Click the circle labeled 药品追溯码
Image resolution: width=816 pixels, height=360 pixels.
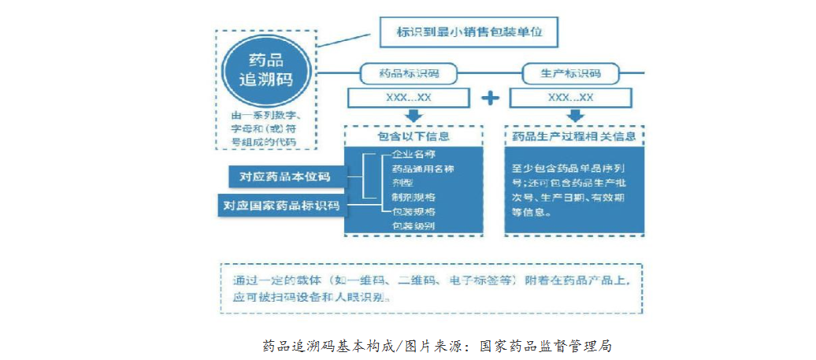coord(265,69)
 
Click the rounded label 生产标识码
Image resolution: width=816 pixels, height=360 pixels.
coord(570,73)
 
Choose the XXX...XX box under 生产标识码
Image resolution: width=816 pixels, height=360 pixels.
coord(570,97)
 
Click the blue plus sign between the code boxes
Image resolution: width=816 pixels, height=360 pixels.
coord(490,98)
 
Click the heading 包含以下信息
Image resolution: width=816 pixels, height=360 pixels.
coord(414,136)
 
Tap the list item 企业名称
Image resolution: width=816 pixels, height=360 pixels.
coord(414,154)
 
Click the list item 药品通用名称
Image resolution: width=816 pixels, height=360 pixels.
coord(423,169)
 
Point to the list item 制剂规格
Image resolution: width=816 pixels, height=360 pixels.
coord(414,197)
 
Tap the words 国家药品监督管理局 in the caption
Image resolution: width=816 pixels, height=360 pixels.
coord(545,346)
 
